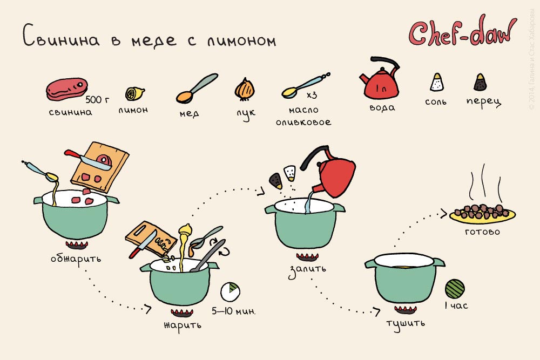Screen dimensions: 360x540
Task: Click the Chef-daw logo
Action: pos(462,33)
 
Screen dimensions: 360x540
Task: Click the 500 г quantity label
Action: pos(98,100)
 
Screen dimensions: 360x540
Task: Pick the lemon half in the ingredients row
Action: pos(132,94)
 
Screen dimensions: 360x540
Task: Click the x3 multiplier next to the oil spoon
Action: pos(312,96)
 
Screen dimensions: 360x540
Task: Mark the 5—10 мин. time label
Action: pos(234,311)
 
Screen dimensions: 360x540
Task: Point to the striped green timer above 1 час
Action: pos(455,287)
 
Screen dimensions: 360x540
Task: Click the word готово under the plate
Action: pos(482,233)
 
